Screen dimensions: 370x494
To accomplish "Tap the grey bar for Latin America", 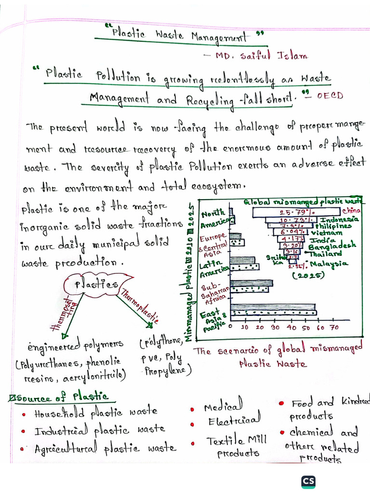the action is [243, 260].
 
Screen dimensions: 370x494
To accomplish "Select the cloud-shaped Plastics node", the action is [97, 284].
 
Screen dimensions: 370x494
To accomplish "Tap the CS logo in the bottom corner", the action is [308, 481].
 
